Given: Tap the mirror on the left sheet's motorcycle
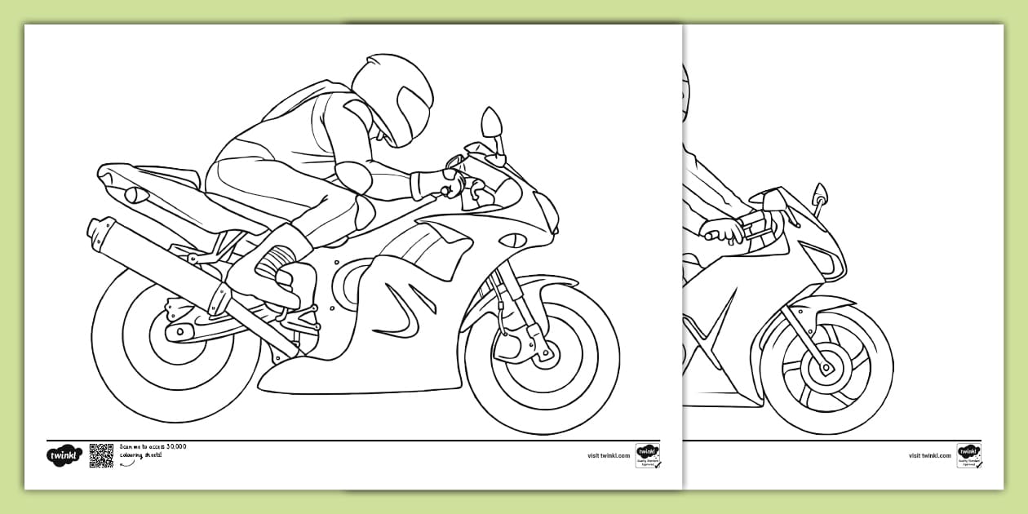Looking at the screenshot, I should tap(491, 123).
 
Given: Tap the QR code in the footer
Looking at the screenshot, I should tap(101, 455).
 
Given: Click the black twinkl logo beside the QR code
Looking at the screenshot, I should tap(64, 455).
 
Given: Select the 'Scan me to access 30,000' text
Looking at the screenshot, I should tap(153, 446).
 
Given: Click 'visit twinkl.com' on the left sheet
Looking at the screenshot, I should tap(609, 455).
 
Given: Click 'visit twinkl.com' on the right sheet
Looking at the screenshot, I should tap(930, 455).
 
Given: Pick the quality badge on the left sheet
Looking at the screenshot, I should tap(648, 455).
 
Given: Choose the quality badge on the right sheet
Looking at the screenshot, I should tap(969, 455).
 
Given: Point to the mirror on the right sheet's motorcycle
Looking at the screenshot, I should tap(819, 195).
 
